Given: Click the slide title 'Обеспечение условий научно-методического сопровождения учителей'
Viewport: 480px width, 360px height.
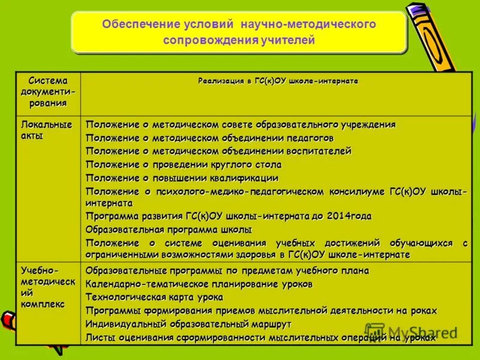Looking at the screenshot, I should click(x=239, y=32).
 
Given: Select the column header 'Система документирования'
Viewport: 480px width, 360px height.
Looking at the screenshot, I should click(x=47, y=92).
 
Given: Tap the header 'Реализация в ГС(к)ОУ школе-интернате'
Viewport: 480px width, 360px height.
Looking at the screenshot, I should click(x=278, y=81).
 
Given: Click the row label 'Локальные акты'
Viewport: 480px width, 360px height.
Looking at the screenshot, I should click(x=46, y=130).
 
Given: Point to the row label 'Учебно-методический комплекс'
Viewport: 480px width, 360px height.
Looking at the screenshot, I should click(x=48, y=287).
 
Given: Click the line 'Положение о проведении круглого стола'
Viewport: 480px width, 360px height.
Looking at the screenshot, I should click(x=183, y=164).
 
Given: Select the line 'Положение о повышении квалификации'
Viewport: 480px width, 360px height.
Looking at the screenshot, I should click(x=182, y=178).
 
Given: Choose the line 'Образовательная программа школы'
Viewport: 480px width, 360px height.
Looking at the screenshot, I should click(x=169, y=229).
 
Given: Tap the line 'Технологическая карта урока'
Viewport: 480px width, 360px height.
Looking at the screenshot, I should click(x=154, y=297).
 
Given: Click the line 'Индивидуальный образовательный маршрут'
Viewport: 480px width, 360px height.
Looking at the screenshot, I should click(x=188, y=324).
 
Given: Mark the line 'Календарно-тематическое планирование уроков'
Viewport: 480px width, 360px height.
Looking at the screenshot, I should click(x=199, y=284).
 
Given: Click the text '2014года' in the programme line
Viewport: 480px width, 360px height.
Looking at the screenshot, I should click(x=349, y=216).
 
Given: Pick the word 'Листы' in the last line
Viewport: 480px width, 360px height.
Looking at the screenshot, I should click(x=97, y=338).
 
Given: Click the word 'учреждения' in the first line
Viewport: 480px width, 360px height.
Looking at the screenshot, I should click(x=365, y=125).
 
